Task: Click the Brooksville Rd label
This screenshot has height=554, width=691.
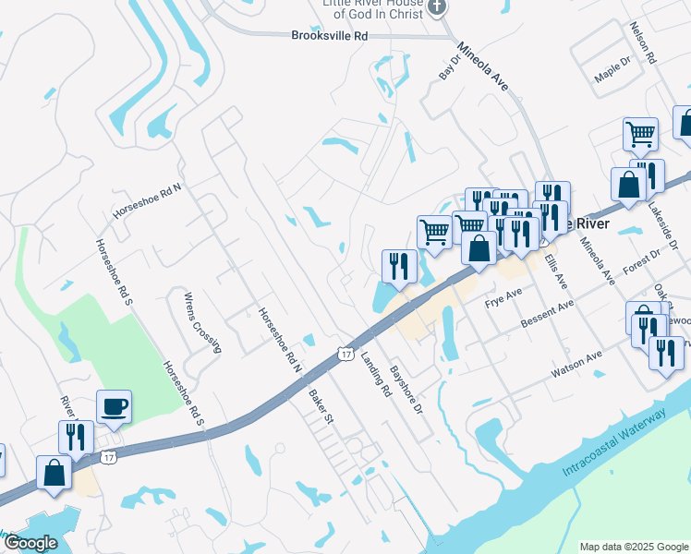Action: pyautogui.click(x=329, y=36)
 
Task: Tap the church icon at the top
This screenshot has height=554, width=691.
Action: pyautogui.click(x=438, y=8)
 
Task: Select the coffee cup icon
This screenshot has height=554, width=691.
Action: pyautogui.click(x=115, y=406)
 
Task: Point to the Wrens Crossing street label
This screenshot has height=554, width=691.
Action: pyautogui.click(x=202, y=322)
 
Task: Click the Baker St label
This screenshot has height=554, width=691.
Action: pyautogui.click(x=321, y=405)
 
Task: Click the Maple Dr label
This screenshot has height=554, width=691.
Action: pyautogui.click(x=612, y=72)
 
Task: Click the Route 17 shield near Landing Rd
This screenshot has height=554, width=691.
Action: pyautogui.click(x=345, y=354)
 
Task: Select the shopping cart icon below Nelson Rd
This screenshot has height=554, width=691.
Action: pyautogui.click(x=640, y=134)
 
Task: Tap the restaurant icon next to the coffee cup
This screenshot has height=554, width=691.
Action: pyautogui.click(x=75, y=437)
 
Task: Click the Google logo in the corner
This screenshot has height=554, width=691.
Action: pyautogui.click(x=30, y=543)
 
